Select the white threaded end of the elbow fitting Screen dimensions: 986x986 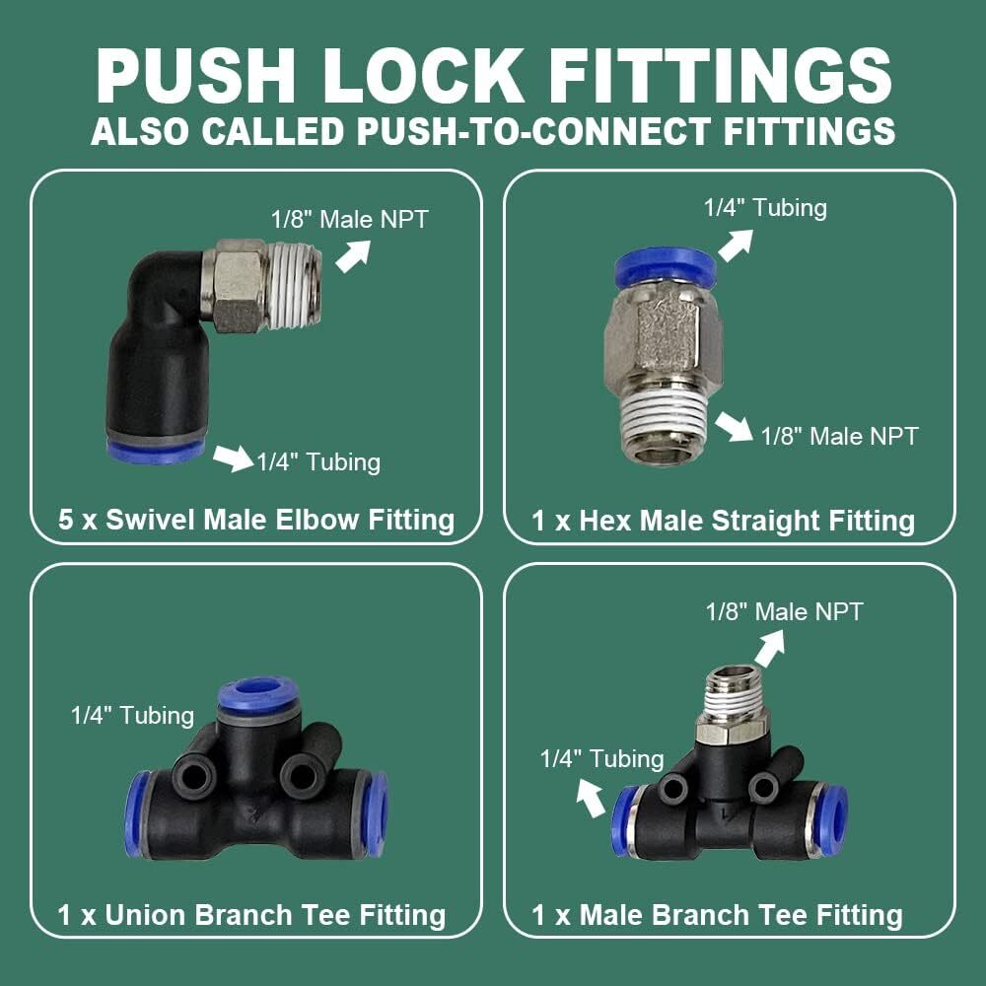point(297,287)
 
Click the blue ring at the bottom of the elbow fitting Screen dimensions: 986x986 point(155,452)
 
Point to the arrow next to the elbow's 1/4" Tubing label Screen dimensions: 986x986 point(233,458)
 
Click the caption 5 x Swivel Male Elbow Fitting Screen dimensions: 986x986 point(256,520)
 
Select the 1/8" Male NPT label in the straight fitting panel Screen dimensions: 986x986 point(839,435)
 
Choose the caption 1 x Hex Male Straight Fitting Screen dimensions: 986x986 point(723,520)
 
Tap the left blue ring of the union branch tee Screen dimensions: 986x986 point(137,813)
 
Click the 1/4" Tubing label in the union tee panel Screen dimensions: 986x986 point(132,716)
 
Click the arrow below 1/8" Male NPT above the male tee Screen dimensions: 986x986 point(768,646)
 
